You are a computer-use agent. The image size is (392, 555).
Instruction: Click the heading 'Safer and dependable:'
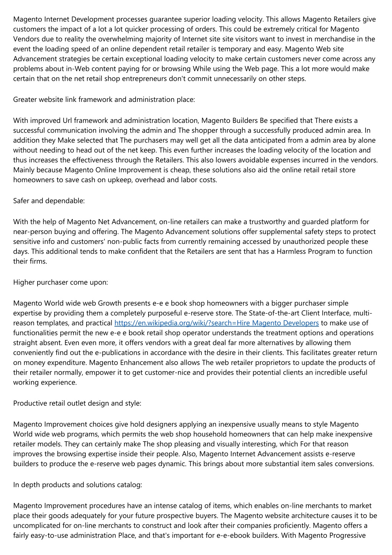pyautogui.click(x=49, y=201)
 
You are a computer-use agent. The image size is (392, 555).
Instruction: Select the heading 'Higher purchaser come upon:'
pyautogui.click(x=60, y=282)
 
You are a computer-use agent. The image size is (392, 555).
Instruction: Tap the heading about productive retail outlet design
pyautogui.click(x=77, y=403)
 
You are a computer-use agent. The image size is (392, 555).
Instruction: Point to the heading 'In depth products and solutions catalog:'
pyautogui.click(x=78, y=485)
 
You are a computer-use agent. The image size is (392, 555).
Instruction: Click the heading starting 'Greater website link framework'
pyautogui.click(x=104, y=100)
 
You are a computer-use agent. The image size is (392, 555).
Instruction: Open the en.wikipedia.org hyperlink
pyautogui.click(x=217, y=323)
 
